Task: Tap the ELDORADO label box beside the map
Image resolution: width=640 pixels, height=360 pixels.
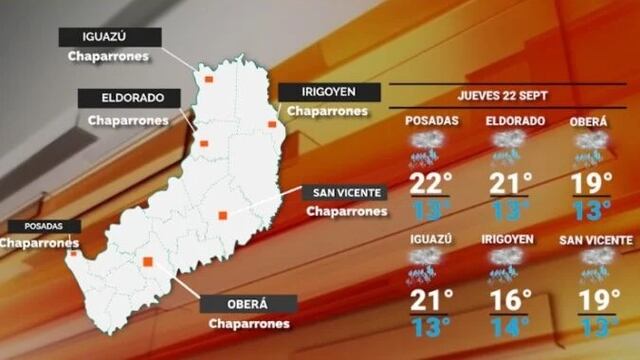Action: tap(127, 98)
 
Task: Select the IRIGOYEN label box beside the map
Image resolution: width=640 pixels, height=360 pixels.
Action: tap(328, 92)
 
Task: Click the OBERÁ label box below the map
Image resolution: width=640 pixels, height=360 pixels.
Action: tap(249, 304)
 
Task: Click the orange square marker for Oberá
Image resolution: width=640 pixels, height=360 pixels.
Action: tap(148, 262)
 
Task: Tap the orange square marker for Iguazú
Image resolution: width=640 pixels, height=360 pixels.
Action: tap(209, 78)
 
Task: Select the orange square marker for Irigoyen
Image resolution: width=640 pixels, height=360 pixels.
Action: tap(271, 124)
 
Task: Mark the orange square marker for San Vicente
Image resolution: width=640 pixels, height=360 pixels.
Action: tap(223, 214)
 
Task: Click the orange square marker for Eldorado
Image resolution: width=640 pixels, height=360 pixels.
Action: tap(204, 144)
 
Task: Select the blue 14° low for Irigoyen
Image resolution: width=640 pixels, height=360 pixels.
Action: tap(509, 326)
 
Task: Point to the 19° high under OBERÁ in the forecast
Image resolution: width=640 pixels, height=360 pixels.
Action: tap(592, 184)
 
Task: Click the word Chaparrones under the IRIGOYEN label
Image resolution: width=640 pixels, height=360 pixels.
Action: tap(328, 111)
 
